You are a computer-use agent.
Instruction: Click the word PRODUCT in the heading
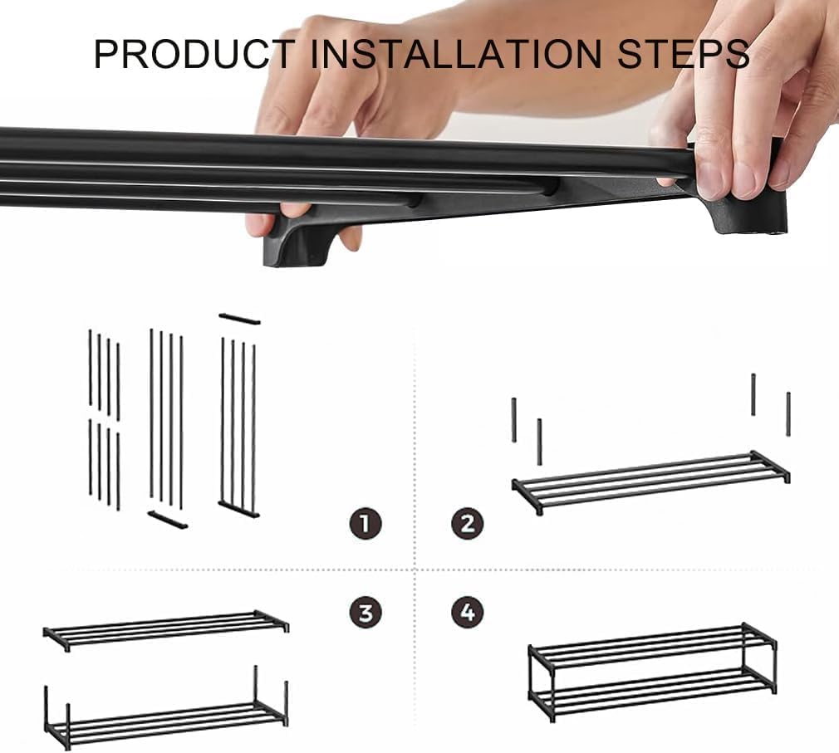pos(194,53)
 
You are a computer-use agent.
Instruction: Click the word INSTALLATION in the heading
pos(456,53)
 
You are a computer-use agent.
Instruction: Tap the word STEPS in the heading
pos(684,53)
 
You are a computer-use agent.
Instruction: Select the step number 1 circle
pos(366,524)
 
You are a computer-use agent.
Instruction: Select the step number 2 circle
pos(468,524)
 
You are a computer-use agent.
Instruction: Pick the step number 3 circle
pos(366,613)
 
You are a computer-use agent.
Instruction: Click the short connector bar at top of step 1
pos(240,319)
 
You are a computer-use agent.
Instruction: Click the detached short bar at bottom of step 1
pos(168,520)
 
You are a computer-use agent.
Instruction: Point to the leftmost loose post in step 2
pos(514,420)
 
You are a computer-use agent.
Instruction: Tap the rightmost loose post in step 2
pos(788,414)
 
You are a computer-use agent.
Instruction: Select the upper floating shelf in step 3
pos(166,631)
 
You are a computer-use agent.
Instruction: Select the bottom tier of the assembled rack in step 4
pos(652,695)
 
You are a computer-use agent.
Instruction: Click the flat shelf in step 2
pos(650,482)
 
